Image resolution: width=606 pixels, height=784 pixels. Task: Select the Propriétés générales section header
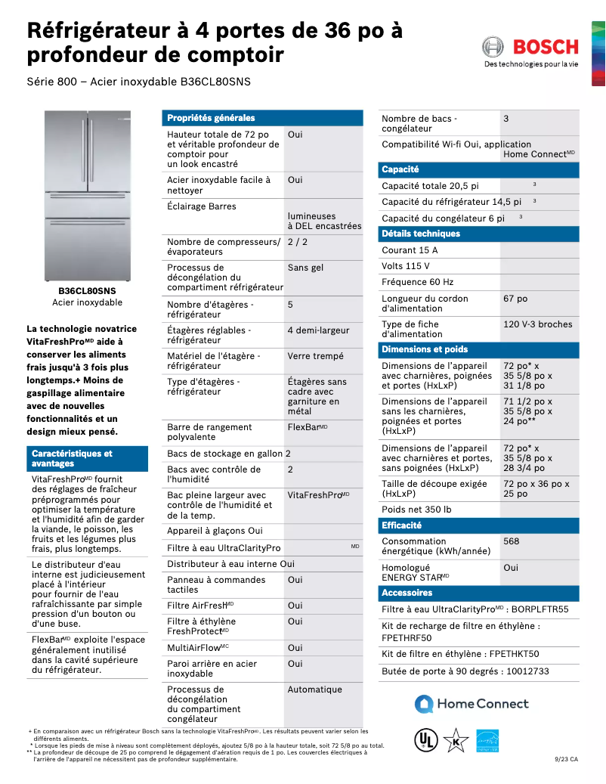pyautogui.click(x=211, y=118)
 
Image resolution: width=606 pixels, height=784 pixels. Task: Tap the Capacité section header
pyautogui.click(x=400, y=169)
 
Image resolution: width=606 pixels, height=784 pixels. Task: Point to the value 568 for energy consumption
pyautogui.click(x=512, y=541)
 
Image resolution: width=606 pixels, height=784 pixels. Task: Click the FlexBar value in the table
pyautogui.click(x=307, y=427)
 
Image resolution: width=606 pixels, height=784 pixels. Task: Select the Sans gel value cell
pyautogui.click(x=305, y=268)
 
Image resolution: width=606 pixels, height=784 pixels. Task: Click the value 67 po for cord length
pyautogui.click(x=515, y=299)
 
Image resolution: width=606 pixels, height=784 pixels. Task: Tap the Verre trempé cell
pyautogui.click(x=315, y=356)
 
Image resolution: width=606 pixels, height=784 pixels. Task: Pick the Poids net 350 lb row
pyautogui.click(x=417, y=510)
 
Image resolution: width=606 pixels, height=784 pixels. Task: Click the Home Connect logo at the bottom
pyautogui.click(x=472, y=704)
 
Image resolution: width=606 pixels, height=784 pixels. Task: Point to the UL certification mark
pyautogui.click(x=426, y=740)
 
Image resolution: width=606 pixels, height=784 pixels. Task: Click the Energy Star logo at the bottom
pyautogui.click(x=487, y=740)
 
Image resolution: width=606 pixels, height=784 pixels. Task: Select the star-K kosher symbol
pyautogui.click(x=456, y=740)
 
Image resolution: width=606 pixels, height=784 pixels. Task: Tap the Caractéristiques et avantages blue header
pyautogui.click(x=72, y=458)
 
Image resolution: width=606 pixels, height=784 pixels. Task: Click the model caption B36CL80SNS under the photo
pyautogui.click(x=87, y=290)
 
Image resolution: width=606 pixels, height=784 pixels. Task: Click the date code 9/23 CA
pyautogui.click(x=566, y=759)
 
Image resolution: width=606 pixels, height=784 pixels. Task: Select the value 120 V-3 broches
pyautogui.click(x=537, y=324)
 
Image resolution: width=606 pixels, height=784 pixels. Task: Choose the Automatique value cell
pyautogui.click(x=314, y=689)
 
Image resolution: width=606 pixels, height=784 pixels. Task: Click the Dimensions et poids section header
pyautogui.click(x=425, y=349)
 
